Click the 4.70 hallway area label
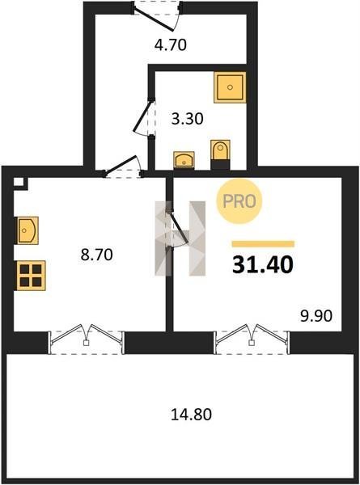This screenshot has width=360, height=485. tap(170, 44)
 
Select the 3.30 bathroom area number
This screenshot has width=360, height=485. tap(187, 119)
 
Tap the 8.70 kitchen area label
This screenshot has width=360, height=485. tap(96, 255)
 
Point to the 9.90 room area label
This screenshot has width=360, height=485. tap(316, 316)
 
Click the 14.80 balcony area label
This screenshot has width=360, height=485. tap(191, 415)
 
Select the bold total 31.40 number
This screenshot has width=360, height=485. tap(262, 265)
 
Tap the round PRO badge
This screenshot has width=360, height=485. tap(239, 201)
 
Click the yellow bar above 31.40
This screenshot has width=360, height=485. tap(263, 244)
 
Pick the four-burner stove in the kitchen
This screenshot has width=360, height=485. tap(31, 276)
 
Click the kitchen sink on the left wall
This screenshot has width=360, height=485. tap(28, 230)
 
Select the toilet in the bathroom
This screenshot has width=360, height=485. tap(220, 154)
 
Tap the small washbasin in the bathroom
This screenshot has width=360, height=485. tap(184, 160)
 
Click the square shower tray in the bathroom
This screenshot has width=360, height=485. tap(230, 87)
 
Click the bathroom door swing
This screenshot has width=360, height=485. tap(145, 116)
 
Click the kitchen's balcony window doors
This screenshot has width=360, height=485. tap(87, 339)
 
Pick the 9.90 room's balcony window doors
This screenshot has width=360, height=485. tap(252, 339)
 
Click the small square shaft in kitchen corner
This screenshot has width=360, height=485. tap(19, 182)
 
